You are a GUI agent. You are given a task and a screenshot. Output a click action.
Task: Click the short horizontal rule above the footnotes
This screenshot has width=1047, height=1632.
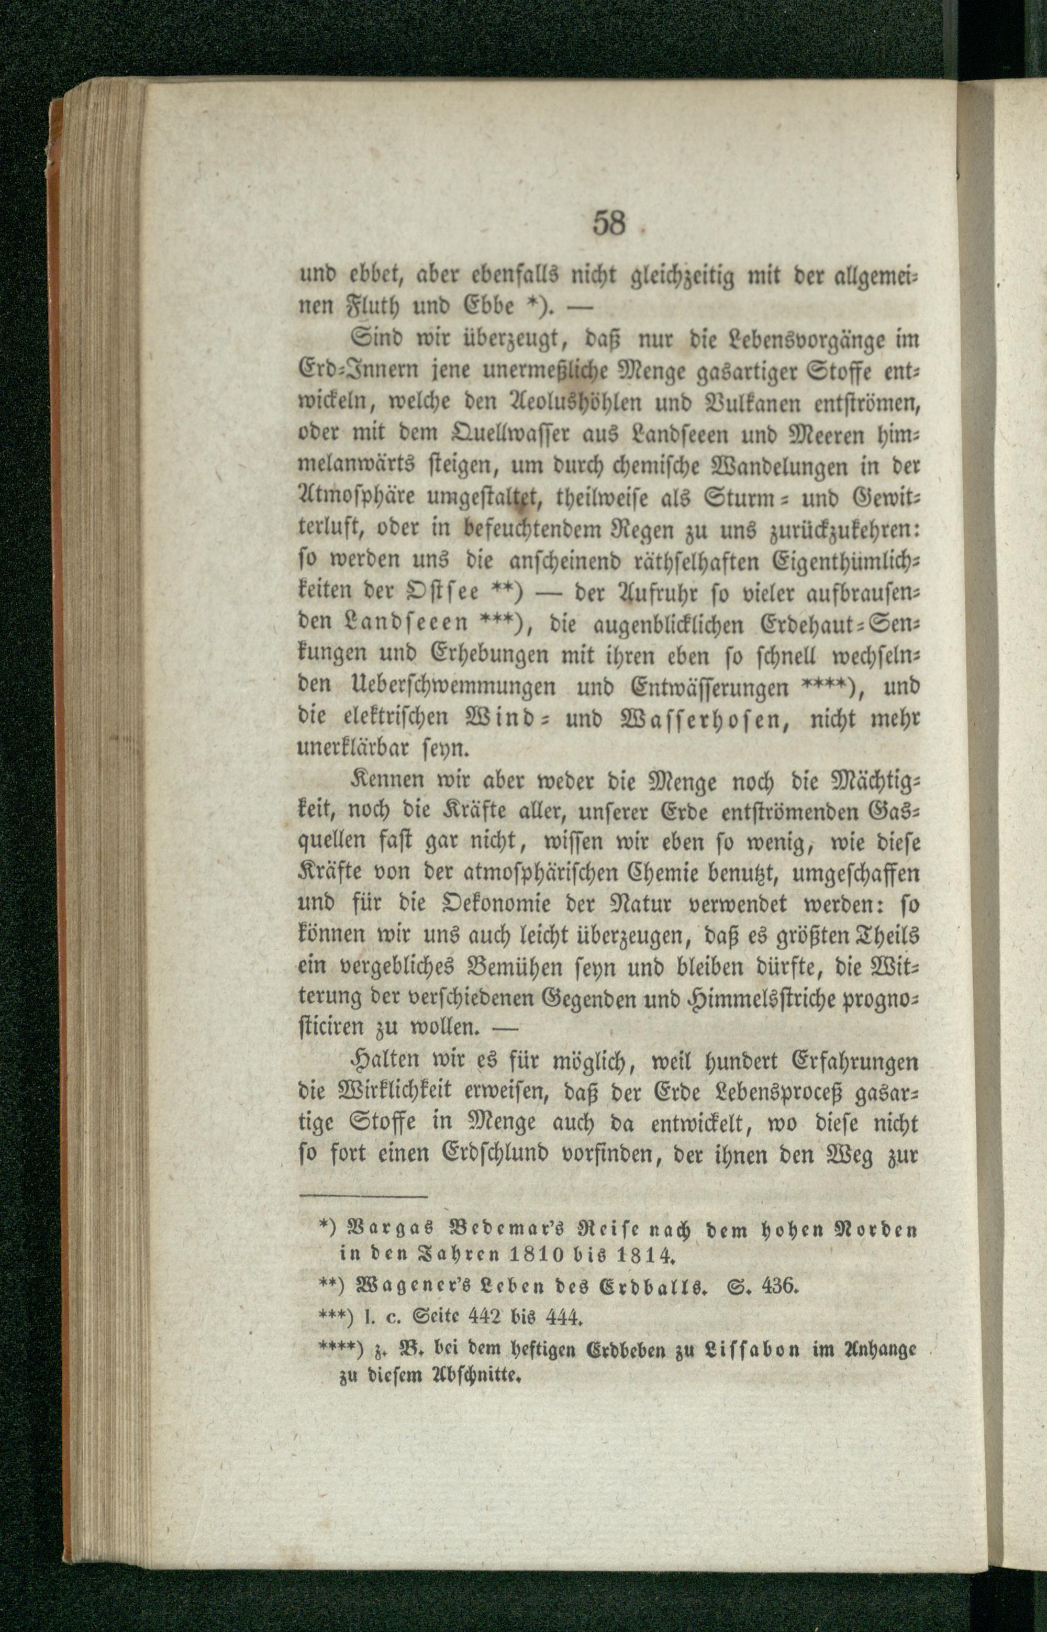363,1216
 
